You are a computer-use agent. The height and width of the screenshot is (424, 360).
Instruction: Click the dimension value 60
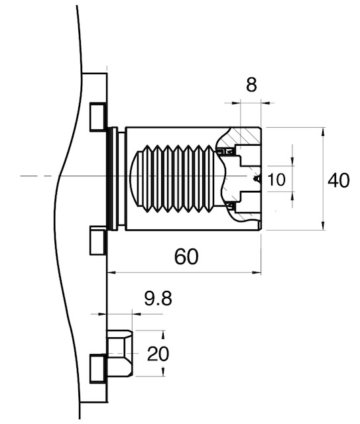click(x=186, y=256)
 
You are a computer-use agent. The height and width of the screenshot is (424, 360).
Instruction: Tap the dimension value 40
click(x=338, y=180)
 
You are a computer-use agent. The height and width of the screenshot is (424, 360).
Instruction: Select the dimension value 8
click(x=251, y=84)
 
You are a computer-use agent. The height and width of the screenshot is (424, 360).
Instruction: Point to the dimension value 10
click(x=276, y=180)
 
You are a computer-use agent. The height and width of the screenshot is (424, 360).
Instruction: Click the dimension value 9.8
click(x=158, y=299)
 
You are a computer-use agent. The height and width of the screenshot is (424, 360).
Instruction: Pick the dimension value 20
click(x=158, y=354)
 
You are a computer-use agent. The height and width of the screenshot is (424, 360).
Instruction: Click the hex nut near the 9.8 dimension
click(x=120, y=353)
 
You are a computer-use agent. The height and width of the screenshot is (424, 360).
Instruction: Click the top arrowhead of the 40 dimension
click(x=323, y=132)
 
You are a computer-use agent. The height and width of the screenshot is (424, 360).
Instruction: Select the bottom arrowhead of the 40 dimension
click(x=323, y=225)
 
